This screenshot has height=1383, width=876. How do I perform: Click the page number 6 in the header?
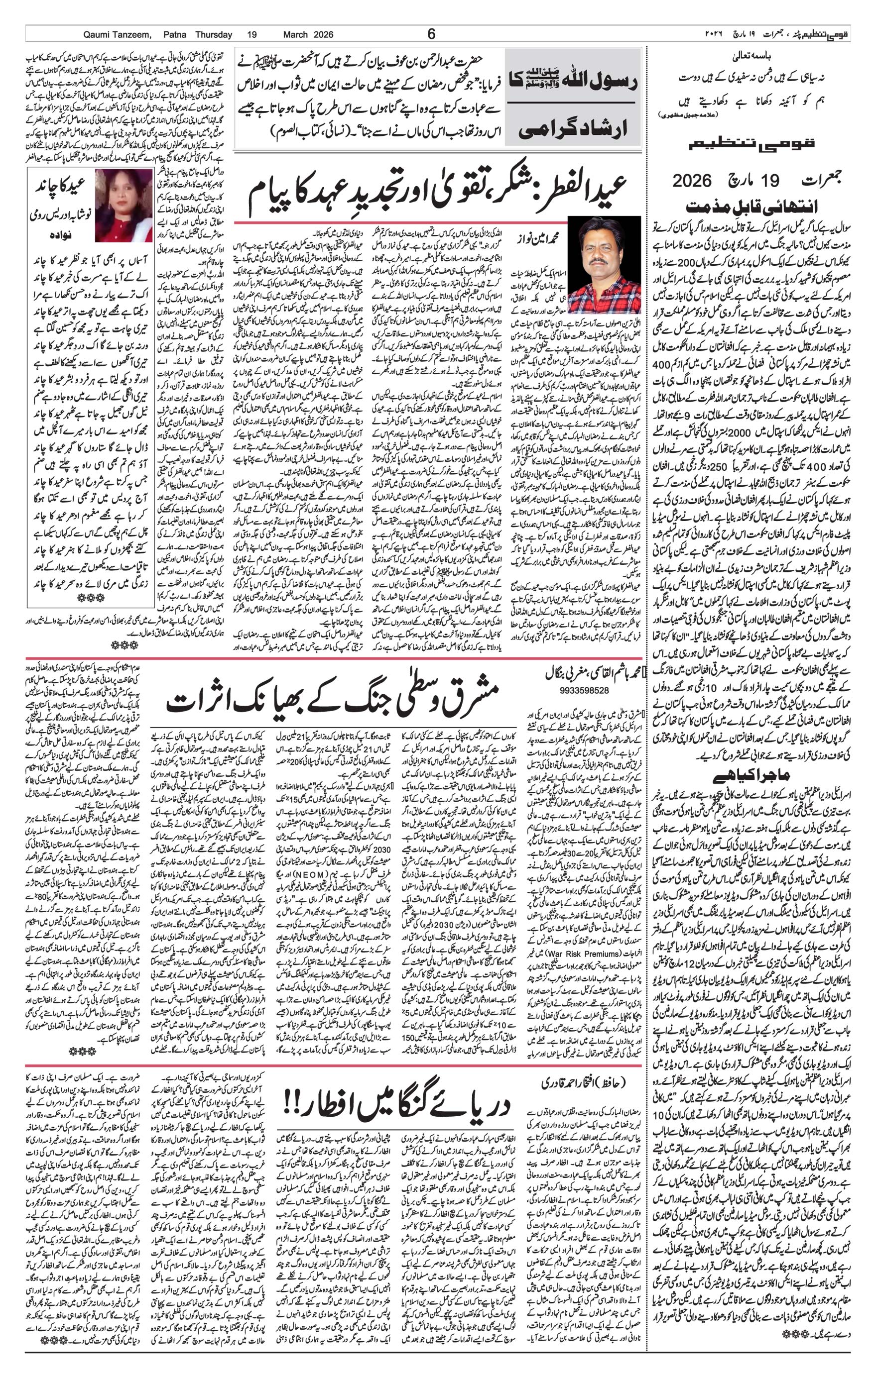point(432,34)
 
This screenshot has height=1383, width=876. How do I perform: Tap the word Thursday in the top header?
point(213,34)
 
